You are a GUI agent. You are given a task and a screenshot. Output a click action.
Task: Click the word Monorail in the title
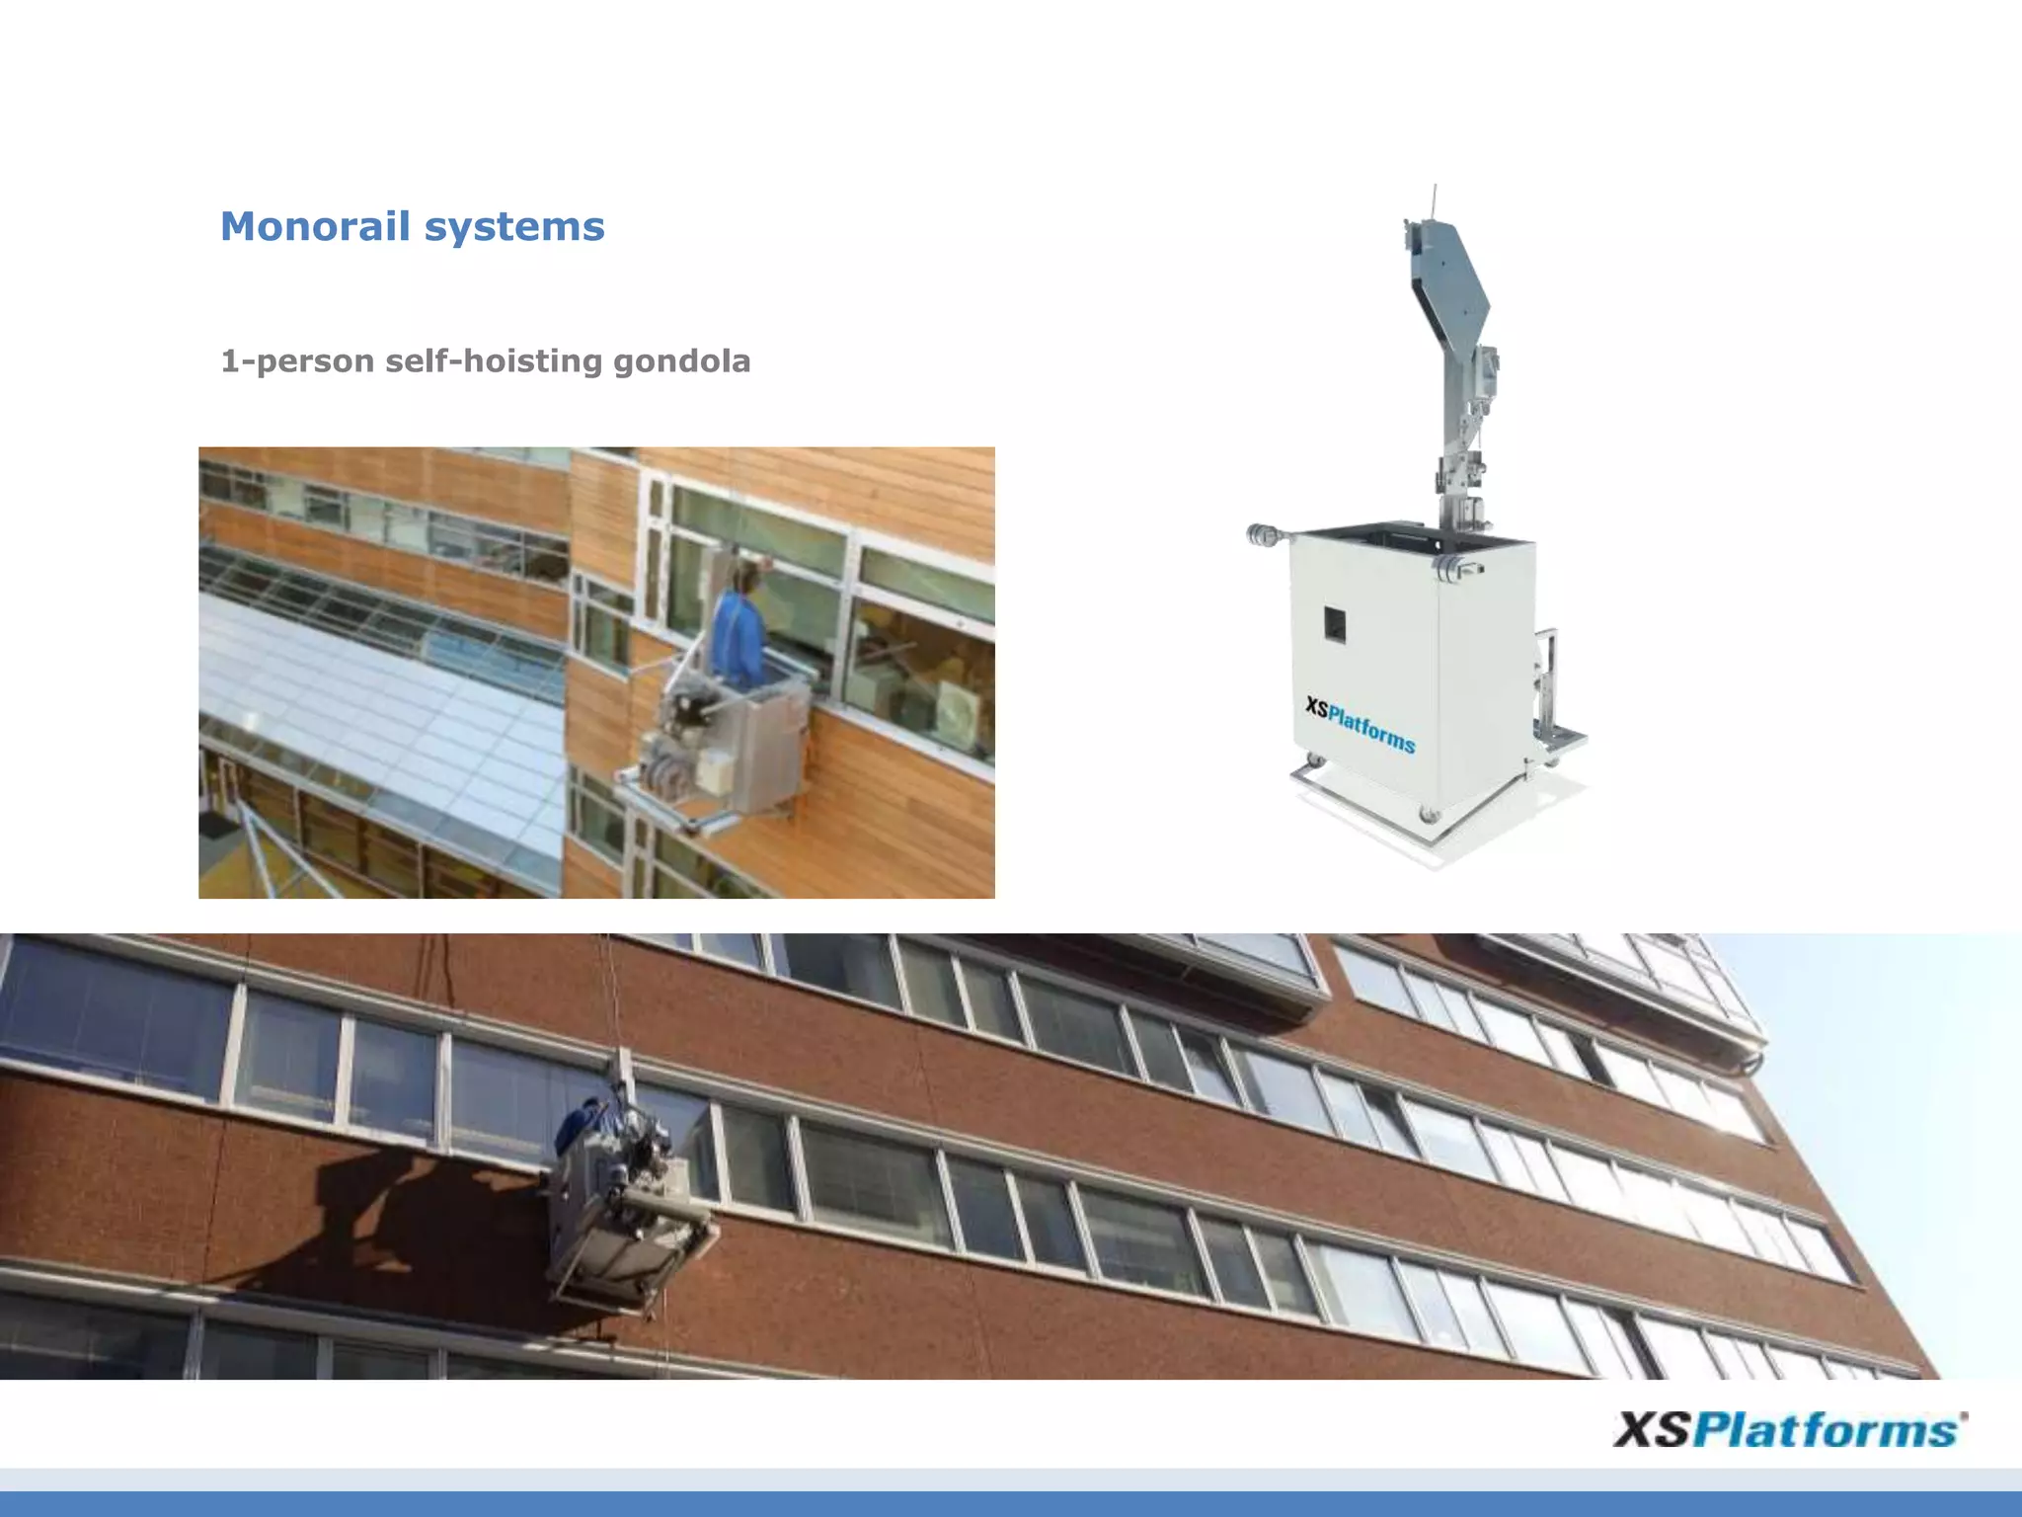(315, 226)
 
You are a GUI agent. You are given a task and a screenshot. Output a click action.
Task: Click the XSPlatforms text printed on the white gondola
(1360, 724)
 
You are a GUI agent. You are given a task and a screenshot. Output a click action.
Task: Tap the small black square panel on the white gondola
(1334, 624)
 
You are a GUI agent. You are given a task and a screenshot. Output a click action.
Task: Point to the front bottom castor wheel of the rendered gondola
(1428, 815)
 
